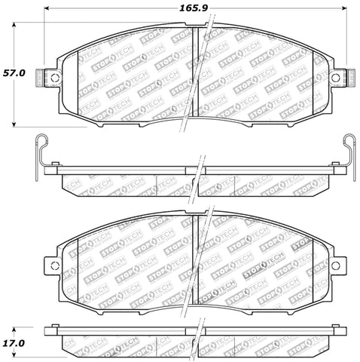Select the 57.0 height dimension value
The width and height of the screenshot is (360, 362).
pos(16,74)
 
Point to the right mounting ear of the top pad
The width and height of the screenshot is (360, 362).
pos(339,75)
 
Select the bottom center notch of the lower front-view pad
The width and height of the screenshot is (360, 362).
pos(194,302)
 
